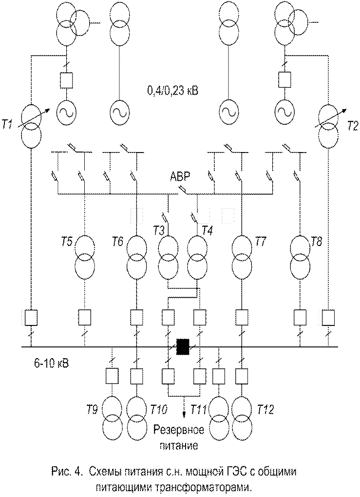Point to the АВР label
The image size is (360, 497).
(180, 176)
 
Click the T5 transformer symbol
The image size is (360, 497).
(85, 257)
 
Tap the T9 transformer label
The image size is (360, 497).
(92, 410)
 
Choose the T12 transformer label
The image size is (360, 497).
(265, 409)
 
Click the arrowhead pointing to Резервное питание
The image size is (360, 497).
(184, 416)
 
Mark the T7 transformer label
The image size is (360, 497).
(261, 242)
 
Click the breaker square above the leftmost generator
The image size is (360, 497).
(67, 80)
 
